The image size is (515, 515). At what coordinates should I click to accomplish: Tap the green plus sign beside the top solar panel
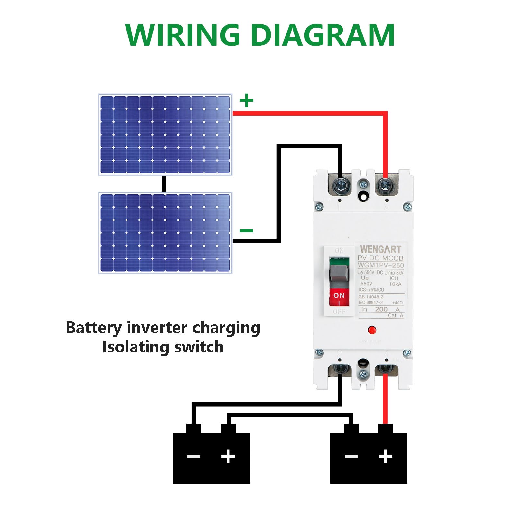[x=247, y=100]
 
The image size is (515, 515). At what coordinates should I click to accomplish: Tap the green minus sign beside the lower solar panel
[x=247, y=230]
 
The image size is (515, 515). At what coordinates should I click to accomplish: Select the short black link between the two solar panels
[x=164, y=184]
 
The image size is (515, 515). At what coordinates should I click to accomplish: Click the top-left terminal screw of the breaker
[x=341, y=185]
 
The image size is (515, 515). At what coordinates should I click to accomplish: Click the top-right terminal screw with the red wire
[x=384, y=185]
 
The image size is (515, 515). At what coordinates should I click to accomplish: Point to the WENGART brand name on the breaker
[x=380, y=249]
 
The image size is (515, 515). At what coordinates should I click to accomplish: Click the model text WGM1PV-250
[x=380, y=265]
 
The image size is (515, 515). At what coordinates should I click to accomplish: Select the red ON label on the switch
[x=339, y=295]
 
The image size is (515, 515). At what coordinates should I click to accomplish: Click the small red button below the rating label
[x=372, y=330]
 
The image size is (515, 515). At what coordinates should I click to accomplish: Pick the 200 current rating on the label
[x=381, y=309]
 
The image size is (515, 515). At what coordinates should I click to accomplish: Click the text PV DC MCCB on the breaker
[x=380, y=258]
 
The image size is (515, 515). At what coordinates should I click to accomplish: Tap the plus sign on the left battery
[x=228, y=456]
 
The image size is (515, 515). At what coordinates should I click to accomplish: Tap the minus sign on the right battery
[x=351, y=456]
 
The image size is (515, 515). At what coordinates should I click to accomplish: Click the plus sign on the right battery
[x=385, y=456]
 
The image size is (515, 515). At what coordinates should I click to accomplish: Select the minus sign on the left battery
[x=194, y=456]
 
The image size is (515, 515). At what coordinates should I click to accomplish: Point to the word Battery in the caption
[x=94, y=328]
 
